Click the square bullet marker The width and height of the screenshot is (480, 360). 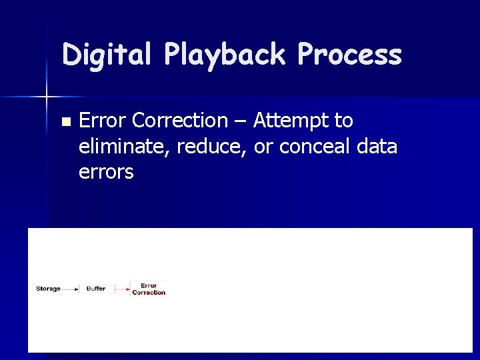click(65, 122)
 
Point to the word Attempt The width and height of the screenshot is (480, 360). click(293, 121)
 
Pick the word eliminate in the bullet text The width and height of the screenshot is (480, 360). click(126, 146)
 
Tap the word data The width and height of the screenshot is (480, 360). click(377, 146)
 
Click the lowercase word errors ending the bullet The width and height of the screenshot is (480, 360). click(106, 172)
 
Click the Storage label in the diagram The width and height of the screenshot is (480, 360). click(48, 289)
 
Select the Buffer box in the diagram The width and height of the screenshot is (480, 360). click(96, 289)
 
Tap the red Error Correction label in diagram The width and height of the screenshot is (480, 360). click(149, 289)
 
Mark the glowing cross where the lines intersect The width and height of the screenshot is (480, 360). click(47, 97)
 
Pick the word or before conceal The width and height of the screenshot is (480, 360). click(263, 146)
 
